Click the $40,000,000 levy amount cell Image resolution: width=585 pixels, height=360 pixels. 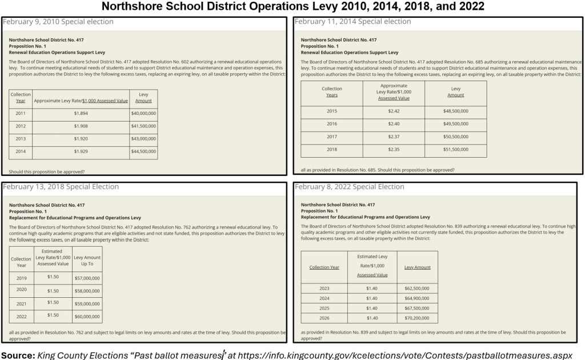143,114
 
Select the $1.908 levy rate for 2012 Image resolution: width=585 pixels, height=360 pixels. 81,126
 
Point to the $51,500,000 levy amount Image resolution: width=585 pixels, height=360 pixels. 455,150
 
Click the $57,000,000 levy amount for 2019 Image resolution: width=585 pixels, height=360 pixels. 87,278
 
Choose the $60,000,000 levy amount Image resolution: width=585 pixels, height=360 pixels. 87,316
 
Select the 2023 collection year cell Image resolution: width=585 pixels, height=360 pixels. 324,288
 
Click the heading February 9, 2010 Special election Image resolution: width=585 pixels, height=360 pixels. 58,22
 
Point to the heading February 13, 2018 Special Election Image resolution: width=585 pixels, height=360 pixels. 61,187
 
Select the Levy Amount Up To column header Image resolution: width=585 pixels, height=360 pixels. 87,261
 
